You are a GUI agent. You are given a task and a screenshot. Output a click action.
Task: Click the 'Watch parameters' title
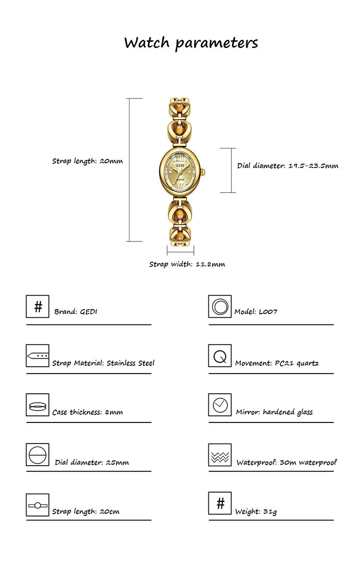click(x=191, y=43)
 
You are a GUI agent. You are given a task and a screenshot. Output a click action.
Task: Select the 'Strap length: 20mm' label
click(x=87, y=161)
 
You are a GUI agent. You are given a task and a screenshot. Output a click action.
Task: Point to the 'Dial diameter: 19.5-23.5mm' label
click(x=288, y=166)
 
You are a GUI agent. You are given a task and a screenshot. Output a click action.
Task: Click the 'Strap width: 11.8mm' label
click(x=187, y=264)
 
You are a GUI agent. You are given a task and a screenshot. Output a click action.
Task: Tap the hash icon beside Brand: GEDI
click(x=37, y=306)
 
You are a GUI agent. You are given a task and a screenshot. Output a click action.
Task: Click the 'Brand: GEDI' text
click(x=76, y=312)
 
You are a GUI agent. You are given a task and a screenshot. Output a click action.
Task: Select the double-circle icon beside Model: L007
click(x=220, y=306)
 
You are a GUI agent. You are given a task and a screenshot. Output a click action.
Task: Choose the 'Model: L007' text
click(x=256, y=312)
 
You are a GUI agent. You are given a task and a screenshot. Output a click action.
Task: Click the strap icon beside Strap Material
click(x=37, y=356)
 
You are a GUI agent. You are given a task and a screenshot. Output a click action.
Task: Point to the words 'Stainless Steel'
click(x=131, y=363)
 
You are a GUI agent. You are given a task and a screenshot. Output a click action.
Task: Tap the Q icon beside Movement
click(x=220, y=356)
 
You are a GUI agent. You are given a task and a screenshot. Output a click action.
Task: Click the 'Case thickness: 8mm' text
click(x=87, y=412)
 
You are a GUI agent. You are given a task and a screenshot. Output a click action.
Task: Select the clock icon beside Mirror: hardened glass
click(x=220, y=405)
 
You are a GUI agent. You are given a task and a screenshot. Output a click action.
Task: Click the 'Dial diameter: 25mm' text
click(x=92, y=462)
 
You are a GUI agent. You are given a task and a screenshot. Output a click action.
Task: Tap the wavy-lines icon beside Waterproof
click(x=220, y=455)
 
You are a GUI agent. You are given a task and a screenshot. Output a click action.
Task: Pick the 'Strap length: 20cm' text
click(x=86, y=511)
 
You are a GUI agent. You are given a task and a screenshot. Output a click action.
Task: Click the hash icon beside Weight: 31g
click(x=220, y=503)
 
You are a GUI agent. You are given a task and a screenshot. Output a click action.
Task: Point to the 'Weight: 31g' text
click(x=256, y=511)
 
